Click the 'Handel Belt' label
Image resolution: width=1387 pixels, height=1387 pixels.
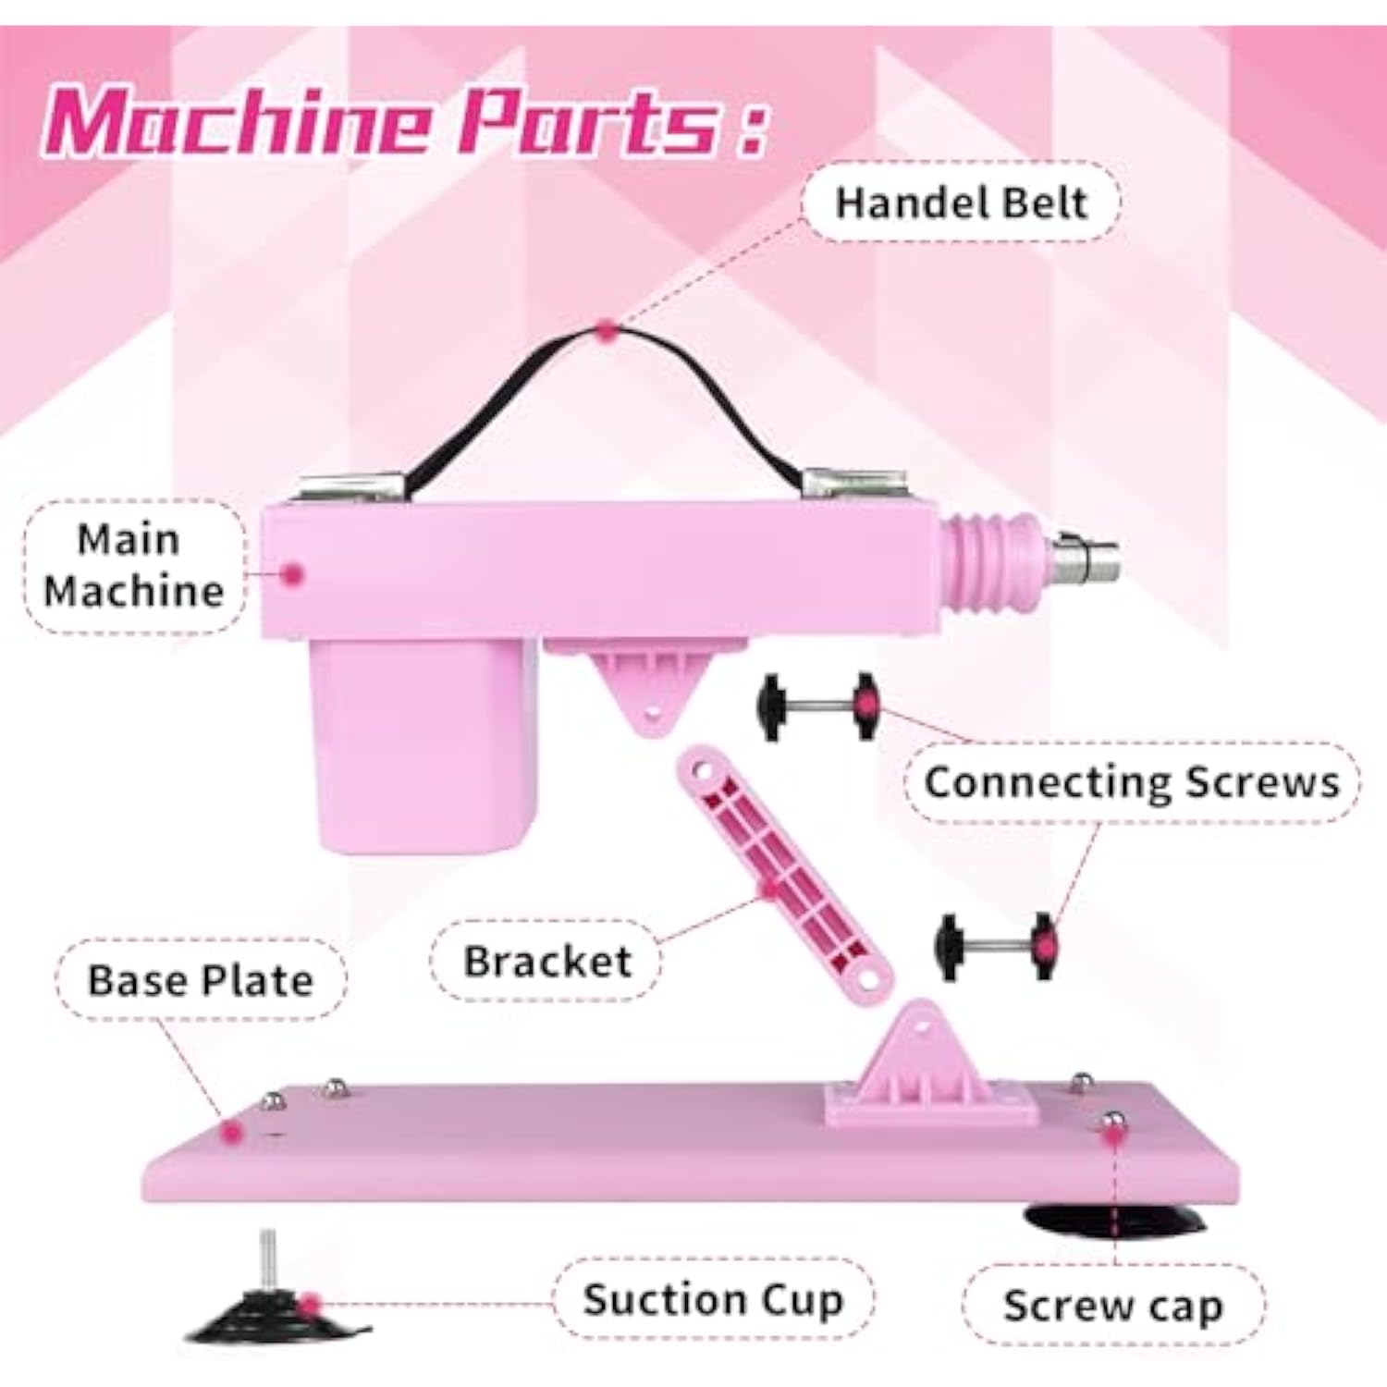(961, 203)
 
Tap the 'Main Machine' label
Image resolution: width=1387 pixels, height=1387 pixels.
(134, 566)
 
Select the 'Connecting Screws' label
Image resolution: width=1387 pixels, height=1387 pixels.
(1132, 782)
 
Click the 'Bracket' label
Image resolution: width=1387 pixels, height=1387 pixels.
(546, 962)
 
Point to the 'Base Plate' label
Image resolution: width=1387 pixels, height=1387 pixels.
(201, 980)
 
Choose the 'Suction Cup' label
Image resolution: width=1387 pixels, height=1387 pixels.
(713, 1299)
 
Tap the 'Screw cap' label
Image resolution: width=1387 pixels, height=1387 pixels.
(1113, 1306)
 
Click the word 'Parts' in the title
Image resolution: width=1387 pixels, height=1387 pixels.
(587, 122)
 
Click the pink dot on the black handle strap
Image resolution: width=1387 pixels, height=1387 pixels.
(606, 330)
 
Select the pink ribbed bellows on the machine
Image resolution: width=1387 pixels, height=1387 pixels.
(991, 560)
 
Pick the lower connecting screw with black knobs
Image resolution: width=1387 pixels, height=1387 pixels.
(994, 946)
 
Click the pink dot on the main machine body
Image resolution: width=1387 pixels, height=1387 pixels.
(293, 574)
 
